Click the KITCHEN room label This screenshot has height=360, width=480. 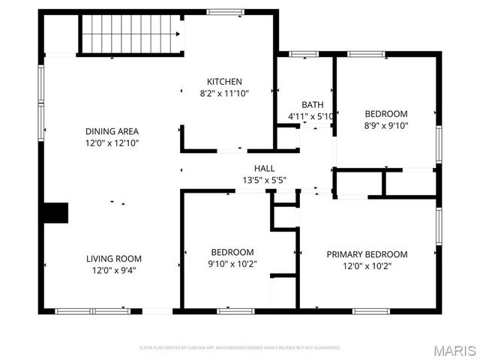click(224, 81)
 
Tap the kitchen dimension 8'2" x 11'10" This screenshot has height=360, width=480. click(224, 94)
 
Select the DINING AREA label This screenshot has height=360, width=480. click(112, 130)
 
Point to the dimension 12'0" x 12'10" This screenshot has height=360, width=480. click(112, 142)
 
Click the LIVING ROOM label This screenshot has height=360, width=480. click(113, 258)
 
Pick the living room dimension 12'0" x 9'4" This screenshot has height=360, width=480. click(113, 270)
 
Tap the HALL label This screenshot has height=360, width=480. click(265, 168)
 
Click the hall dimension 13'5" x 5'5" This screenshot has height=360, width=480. click(265, 180)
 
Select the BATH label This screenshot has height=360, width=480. click(312, 104)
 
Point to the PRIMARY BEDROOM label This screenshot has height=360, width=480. click(367, 253)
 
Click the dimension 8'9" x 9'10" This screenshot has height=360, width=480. click(386, 125)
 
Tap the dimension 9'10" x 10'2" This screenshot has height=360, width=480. click(232, 264)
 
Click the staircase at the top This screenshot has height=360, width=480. click(132, 34)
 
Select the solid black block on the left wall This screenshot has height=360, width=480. click(54, 213)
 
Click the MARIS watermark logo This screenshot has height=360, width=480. click(453, 350)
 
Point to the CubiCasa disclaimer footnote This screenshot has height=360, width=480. click(240, 348)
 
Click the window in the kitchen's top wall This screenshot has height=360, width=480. click(225, 12)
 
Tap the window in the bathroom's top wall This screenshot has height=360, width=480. click(304, 54)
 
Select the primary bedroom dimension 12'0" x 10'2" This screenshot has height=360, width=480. click(367, 265)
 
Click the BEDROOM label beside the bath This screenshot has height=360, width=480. click(386, 113)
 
